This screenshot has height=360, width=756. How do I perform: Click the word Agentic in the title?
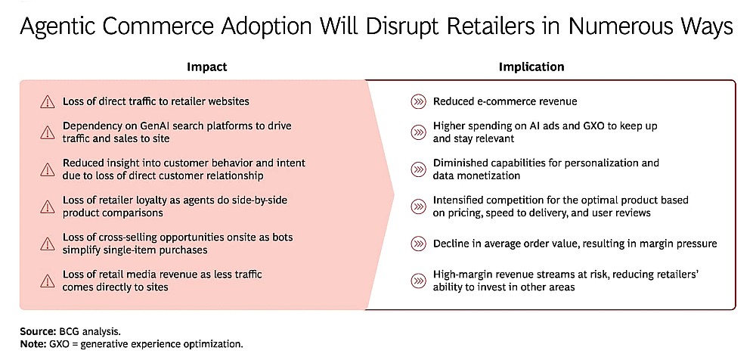pyautogui.click(x=52, y=27)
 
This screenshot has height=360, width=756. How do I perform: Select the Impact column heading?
pyautogui.click(x=207, y=67)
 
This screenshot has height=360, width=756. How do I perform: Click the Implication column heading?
pyautogui.click(x=531, y=67)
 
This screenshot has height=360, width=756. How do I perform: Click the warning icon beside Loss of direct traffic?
pyautogui.click(x=47, y=102)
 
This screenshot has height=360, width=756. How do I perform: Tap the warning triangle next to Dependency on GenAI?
pyautogui.click(x=47, y=132)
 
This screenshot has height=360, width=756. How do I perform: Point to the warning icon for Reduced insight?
pyautogui.click(x=47, y=169)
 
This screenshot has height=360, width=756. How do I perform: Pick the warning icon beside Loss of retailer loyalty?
pyautogui.click(x=47, y=206)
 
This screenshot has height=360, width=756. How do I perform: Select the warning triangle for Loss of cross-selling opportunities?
pyautogui.click(x=47, y=244)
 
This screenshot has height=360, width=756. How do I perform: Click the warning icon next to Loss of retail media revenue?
pyautogui.click(x=47, y=281)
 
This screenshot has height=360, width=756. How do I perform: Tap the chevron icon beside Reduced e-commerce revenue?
pyautogui.click(x=418, y=102)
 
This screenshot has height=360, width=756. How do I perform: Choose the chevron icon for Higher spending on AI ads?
pyautogui.click(x=418, y=132)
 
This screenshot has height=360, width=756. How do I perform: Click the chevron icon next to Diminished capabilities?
pyautogui.click(x=418, y=169)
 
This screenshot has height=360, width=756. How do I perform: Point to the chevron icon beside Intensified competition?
pyautogui.click(x=418, y=206)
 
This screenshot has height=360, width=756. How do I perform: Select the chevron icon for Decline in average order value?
pyautogui.click(x=418, y=244)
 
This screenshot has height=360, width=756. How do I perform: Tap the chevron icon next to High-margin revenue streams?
pyautogui.click(x=418, y=281)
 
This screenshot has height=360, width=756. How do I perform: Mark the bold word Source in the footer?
pyautogui.click(x=36, y=332)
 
